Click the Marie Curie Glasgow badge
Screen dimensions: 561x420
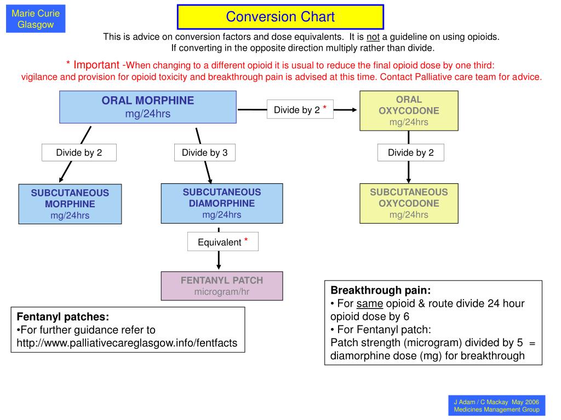tap(36, 19)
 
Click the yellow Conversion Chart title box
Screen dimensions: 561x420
tap(280, 17)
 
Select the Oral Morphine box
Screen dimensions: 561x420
tap(148, 107)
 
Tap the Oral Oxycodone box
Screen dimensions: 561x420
tap(409, 110)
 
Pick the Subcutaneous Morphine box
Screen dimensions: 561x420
tap(70, 204)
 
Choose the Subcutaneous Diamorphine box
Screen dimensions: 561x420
tap(222, 203)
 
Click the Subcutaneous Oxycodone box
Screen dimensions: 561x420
tap(409, 203)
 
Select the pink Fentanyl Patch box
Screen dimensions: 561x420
tap(222, 286)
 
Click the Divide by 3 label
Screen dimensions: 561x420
tap(205, 153)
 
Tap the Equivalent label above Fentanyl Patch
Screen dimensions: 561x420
tap(223, 242)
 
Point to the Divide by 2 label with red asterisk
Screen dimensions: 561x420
tap(300, 109)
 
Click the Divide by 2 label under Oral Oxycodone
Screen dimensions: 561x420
tap(411, 153)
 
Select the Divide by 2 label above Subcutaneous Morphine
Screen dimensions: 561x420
tap(79, 153)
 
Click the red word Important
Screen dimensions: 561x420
tap(96, 65)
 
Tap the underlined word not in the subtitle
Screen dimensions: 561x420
tap(373, 37)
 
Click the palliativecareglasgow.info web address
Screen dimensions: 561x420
tap(127, 343)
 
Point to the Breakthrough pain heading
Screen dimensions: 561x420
tap(381, 290)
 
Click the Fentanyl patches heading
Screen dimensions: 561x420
tap(63, 317)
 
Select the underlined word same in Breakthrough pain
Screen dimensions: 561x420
tap(370, 304)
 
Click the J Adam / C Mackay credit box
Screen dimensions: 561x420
tap(496, 406)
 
